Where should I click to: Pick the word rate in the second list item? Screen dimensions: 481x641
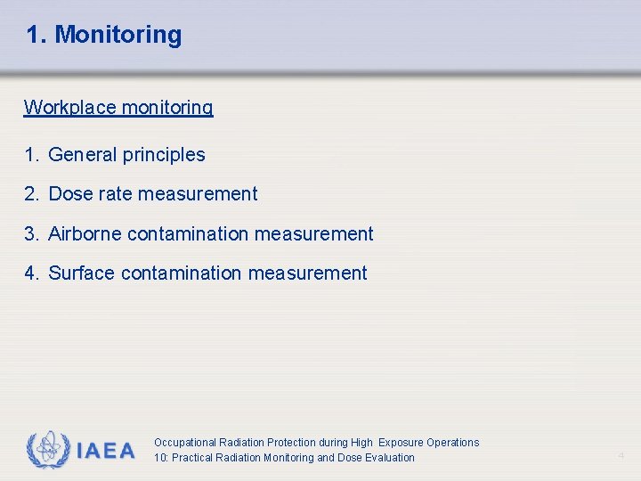pyautogui.click(x=113, y=194)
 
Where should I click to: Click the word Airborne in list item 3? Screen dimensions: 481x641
pyautogui.click(x=85, y=234)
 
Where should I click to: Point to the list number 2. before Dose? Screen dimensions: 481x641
pyautogui.click(x=33, y=194)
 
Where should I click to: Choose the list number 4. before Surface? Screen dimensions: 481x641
pyautogui.click(x=33, y=273)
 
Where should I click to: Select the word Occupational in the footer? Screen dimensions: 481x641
pyautogui.click(x=184, y=443)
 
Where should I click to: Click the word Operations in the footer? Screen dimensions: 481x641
pyautogui.click(x=452, y=443)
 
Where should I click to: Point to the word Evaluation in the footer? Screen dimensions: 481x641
pyautogui.click(x=390, y=458)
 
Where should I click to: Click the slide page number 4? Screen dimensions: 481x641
pyautogui.click(x=621, y=456)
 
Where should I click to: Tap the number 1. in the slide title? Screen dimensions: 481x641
pyautogui.click(x=36, y=36)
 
